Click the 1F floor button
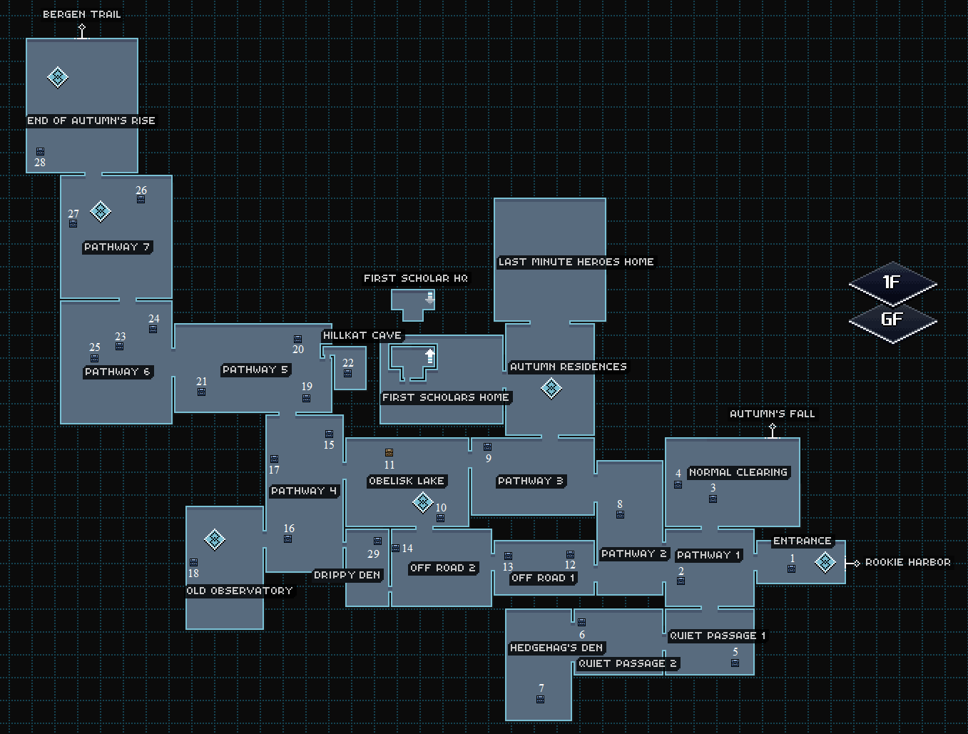click(892, 282)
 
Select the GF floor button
click(892, 320)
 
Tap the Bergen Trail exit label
click(82, 14)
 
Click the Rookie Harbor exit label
click(907, 563)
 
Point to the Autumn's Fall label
click(772, 414)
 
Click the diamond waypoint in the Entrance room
click(825, 562)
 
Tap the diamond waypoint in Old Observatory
click(215, 539)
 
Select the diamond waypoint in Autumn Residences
click(551, 388)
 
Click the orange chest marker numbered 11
click(389, 453)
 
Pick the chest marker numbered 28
click(41, 151)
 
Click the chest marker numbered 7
click(541, 700)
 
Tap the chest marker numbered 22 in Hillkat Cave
click(348, 374)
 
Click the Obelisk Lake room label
click(407, 481)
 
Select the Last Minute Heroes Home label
click(576, 262)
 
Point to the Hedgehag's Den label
click(556, 648)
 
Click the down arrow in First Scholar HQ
click(429, 298)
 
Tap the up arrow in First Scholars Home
click(429, 355)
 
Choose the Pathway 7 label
click(117, 247)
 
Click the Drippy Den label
click(347, 575)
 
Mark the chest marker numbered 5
click(735, 663)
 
